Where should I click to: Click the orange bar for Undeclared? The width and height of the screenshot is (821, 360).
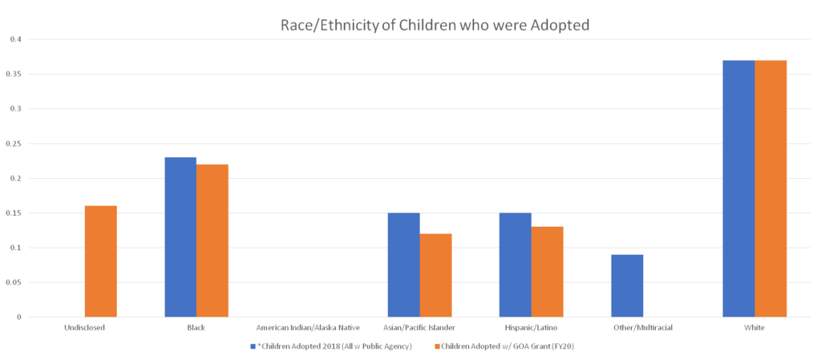click(x=101, y=261)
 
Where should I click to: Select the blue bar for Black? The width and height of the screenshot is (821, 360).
click(x=180, y=237)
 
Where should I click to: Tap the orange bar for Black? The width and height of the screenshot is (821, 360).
click(x=213, y=241)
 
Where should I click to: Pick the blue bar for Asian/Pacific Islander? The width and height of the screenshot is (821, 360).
click(x=403, y=265)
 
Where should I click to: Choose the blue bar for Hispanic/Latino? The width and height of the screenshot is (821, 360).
click(x=515, y=265)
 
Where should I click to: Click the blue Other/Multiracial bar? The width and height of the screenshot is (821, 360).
click(x=627, y=285)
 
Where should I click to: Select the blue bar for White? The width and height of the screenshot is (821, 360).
click(x=738, y=188)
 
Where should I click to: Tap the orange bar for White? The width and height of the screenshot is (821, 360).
click(x=771, y=188)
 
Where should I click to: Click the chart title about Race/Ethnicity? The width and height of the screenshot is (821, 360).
click(x=435, y=26)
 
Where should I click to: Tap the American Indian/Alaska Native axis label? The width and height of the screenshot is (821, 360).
click(x=309, y=328)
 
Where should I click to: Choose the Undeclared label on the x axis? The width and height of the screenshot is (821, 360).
click(x=84, y=328)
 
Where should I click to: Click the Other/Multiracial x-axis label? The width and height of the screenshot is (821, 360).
click(x=644, y=328)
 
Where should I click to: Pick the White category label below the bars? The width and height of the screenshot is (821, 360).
click(x=755, y=328)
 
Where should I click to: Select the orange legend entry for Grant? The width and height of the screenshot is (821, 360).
click(x=504, y=347)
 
